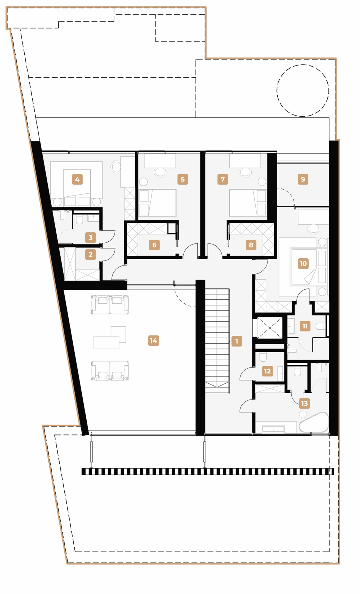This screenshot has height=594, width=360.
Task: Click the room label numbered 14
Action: pos(153,340)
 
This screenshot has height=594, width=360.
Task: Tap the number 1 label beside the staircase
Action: pos(237,341)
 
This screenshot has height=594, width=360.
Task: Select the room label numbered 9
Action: pos(303,179)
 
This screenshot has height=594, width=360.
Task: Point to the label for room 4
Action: pos(77,179)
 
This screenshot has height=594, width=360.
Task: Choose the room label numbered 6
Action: pos(154,245)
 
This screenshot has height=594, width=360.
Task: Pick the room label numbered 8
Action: pos(251,245)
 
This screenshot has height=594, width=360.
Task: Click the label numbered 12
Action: pos(267,371)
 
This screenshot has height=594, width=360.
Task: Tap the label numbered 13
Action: pos(304,403)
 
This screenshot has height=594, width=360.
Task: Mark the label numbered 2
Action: pos(90,254)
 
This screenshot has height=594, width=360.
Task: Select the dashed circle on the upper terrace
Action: pos(303,90)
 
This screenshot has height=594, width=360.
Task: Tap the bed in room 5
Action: pos(162,203)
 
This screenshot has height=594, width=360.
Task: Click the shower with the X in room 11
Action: pos(270,328)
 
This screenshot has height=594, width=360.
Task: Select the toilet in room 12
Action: pos(263,357)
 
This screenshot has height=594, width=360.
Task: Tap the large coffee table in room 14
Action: pos(106,342)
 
